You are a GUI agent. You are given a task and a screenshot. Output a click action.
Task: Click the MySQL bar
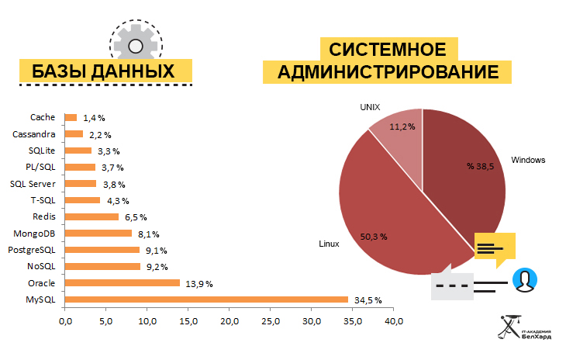tap(206, 299)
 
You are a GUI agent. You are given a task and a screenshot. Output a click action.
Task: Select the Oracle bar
tap(122, 283)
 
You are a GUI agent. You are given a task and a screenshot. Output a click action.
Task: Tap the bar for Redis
tap(91, 216)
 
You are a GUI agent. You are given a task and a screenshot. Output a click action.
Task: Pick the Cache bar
tap(71, 118)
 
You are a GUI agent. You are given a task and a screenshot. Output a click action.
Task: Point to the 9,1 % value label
tap(156, 251)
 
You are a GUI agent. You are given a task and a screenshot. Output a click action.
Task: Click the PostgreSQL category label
tap(31, 250)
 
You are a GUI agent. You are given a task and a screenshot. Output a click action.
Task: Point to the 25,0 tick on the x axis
tap(271, 320)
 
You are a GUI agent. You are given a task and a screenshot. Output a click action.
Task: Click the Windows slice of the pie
tap(465, 178)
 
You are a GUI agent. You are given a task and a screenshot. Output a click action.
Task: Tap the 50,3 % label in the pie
tap(373, 236)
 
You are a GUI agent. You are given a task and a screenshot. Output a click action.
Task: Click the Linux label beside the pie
tap(330, 244)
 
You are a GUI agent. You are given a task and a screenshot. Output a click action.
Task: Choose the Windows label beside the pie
tap(529, 161)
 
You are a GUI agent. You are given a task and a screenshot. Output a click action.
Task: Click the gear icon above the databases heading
tap(135, 44)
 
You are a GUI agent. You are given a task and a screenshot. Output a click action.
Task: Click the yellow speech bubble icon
tap(494, 248)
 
